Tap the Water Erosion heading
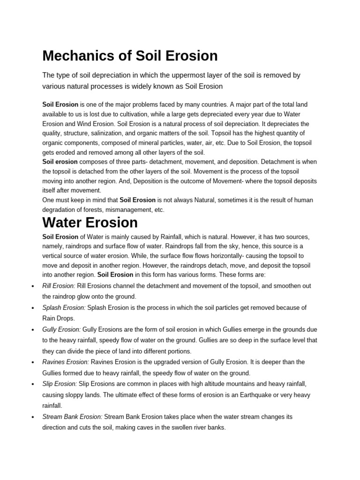point(90,222)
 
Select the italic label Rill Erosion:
point(59,286)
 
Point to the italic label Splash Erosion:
point(64,307)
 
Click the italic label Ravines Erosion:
point(66,362)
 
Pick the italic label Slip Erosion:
point(59,384)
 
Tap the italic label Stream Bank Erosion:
point(72,416)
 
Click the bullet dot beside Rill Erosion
point(31,286)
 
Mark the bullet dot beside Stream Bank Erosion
point(31,417)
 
